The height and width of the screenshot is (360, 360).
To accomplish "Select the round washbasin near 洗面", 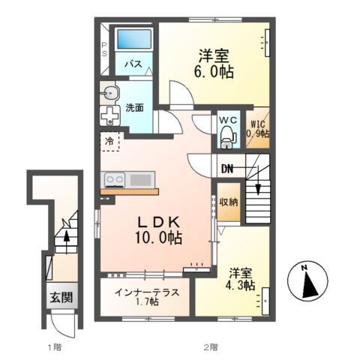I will coord(112,94).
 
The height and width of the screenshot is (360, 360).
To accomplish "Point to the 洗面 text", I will coord(135,106).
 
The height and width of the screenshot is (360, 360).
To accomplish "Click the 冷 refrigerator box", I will coord(109,139).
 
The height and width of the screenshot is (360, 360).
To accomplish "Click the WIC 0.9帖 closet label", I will coord(259,130).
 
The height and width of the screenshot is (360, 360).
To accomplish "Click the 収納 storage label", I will coord(229,202).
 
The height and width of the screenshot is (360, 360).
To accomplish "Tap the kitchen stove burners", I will coord(114,180).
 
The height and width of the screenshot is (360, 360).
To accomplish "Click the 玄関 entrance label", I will coord(61,298).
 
